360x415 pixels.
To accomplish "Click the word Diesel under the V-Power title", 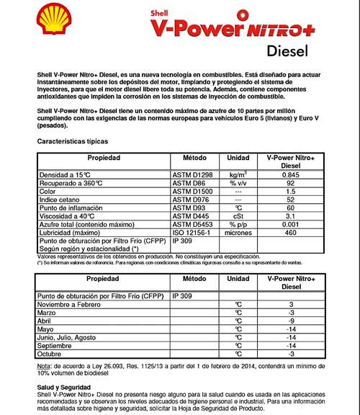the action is tap(287, 51).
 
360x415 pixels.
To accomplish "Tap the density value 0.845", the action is tap(290, 174).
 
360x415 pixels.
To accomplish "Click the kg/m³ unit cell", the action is tap(238, 174).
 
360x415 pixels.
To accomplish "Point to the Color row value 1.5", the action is tap(290, 191).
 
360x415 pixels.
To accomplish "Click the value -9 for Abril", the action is tap(290, 321).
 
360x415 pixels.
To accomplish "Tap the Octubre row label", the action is tap(51, 354).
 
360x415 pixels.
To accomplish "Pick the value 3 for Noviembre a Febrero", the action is tap(290, 304).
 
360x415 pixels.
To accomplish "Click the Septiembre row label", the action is tap(56, 345).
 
